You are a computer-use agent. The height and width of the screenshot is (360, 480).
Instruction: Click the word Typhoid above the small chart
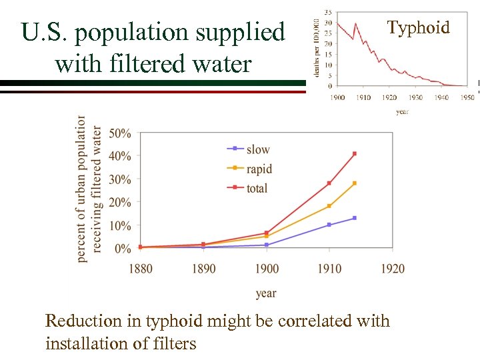419,27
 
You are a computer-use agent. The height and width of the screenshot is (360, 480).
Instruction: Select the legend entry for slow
258,149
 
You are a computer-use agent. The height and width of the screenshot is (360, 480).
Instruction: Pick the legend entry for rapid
259,169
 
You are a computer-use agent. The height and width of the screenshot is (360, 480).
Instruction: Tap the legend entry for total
257,189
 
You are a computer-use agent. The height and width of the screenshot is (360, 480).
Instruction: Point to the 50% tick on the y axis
120,133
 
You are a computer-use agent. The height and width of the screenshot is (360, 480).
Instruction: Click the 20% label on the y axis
120,203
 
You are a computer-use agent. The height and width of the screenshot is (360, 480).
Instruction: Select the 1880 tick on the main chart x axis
140,268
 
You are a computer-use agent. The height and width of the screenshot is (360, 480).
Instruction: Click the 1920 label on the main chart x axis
393,268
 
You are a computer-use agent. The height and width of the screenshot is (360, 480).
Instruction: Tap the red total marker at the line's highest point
355,153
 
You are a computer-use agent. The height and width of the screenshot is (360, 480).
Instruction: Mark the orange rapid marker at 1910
329,206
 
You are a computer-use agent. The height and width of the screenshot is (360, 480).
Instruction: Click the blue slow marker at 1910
329,225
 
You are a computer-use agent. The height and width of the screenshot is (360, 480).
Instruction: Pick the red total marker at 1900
267,233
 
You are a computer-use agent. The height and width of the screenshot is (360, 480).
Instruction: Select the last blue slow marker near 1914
355,218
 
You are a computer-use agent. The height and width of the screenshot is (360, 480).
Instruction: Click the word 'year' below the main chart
266,293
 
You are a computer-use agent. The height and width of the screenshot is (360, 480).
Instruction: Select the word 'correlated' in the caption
315,321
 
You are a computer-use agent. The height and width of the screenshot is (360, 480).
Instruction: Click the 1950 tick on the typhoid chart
467,97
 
